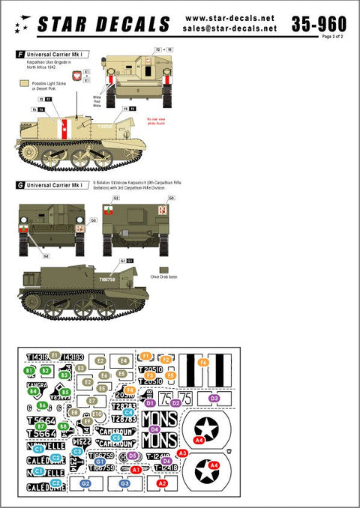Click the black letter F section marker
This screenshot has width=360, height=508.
pyautogui.click(x=19, y=55)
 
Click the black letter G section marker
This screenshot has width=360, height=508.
pyautogui.click(x=19, y=184)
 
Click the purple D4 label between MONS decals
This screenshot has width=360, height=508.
pyautogui.click(x=154, y=429)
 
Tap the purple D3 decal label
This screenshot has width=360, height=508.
pyautogui.click(x=214, y=399)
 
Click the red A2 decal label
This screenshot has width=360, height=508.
pyautogui.click(x=161, y=484)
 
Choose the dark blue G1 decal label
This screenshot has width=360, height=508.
pyautogui.click(x=100, y=462)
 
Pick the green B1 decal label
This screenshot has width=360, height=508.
pyautogui.click(x=29, y=370)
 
